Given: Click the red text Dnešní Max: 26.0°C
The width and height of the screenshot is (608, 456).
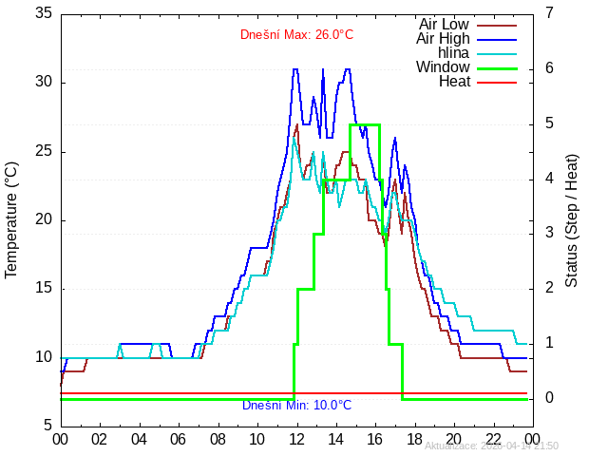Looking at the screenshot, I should click(x=296, y=35).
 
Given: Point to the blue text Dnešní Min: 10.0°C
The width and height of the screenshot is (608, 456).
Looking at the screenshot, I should click(x=296, y=406).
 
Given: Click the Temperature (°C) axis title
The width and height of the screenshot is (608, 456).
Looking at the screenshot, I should click(x=11, y=219).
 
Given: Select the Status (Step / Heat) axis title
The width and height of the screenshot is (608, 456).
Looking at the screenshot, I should click(x=572, y=219).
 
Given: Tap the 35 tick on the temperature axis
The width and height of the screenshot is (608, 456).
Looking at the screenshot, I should click(x=43, y=14).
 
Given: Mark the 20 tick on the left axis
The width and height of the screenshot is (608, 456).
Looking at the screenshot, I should click(x=43, y=220).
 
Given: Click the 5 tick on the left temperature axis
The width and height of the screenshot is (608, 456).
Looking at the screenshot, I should click(x=47, y=426).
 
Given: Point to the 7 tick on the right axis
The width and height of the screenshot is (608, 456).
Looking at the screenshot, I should click(x=549, y=14).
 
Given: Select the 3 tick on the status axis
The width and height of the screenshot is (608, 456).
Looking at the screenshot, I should click(x=549, y=234).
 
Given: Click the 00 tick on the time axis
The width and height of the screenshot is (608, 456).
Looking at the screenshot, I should click(x=60, y=439).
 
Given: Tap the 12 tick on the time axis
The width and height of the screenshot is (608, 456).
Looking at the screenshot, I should click(x=296, y=439).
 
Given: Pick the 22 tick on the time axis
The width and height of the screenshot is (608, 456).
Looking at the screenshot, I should click(x=494, y=439).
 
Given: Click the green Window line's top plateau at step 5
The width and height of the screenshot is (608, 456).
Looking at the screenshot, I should click(x=365, y=124).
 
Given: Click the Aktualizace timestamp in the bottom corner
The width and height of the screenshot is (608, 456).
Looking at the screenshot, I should click(x=491, y=446).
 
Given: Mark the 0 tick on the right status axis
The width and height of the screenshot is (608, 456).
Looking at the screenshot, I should click(x=549, y=398).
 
